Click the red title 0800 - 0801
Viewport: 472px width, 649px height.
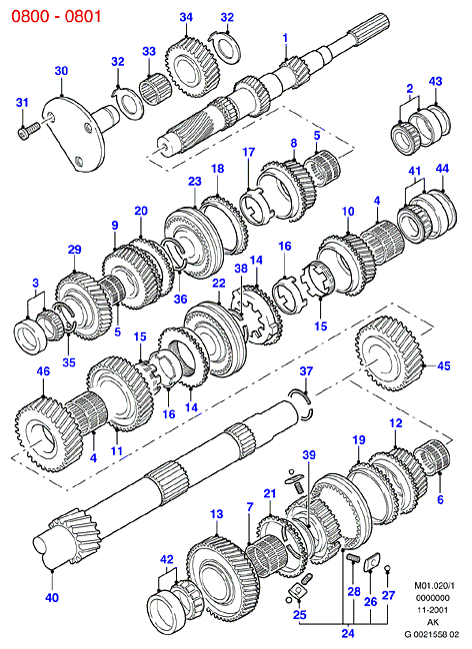56,16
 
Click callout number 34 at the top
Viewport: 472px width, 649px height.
186,17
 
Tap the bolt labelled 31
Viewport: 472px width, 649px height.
28,129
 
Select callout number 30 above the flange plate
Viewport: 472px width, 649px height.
61,71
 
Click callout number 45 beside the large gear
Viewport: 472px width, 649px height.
443,365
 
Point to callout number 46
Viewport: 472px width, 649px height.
43,371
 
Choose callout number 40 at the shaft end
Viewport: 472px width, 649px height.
52,597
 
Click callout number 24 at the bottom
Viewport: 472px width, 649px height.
348,633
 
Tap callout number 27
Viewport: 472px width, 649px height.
388,595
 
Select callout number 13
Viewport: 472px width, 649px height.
216,514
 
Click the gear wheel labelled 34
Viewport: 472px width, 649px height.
194,68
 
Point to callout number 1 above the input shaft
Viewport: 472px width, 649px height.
285,38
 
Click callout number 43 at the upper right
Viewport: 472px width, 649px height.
435,81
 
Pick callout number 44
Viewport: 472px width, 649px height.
442,168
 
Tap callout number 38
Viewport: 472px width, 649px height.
241,268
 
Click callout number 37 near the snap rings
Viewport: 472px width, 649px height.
306,371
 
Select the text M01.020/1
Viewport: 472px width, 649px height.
435,586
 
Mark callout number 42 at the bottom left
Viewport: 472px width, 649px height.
167,560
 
